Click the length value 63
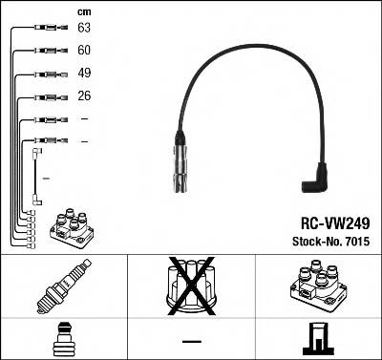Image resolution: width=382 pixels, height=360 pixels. click(x=84, y=29)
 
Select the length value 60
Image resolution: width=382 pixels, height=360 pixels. click(x=84, y=51)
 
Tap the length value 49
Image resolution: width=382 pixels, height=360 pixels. click(x=84, y=74)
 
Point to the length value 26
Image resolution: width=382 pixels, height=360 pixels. click(x=84, y=96)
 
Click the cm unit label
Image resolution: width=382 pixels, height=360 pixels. click(x=83, y=11)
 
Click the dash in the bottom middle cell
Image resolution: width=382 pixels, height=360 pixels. click(x=191, y=340)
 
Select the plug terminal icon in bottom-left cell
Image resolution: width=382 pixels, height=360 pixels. click(x=63, y=339)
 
